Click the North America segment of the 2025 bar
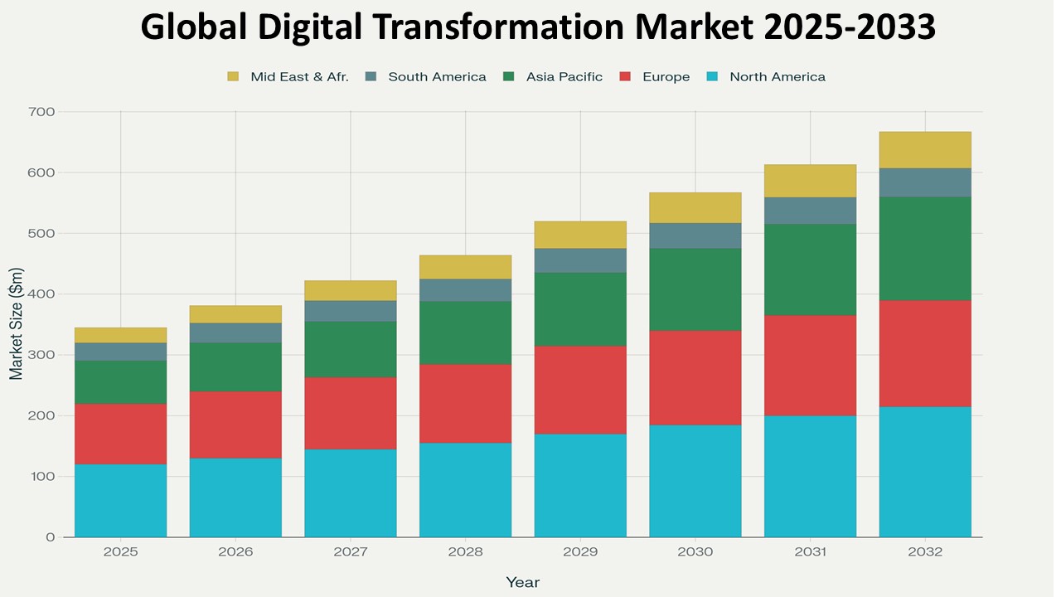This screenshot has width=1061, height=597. [x=120, y=500]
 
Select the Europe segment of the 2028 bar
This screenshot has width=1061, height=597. [x=465, y=404]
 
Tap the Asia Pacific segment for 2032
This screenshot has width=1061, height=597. [x=925, y=249]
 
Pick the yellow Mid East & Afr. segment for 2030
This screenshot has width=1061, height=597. [x=695, y=207]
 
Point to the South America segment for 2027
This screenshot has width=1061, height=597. [x=350, y=311]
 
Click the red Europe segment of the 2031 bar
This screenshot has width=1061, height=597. [x=810, y=366]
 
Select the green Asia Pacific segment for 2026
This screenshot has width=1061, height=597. [x=235, y=367]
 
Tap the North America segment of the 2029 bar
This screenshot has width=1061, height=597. [x=580, y=485]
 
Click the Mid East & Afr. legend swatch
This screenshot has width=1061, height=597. [x=233, y=77]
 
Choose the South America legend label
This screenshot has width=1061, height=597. [x=437, y=77]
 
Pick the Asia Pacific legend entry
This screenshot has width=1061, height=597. [x=564, y=77]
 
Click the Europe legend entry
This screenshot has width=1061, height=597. [x=666, y=77]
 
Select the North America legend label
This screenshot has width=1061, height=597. [x=777, y=77]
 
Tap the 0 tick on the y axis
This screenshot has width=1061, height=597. [x=51, y=537]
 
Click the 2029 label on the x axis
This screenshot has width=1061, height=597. [x=580, y=552]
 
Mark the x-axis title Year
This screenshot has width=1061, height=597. [x=522, y=582]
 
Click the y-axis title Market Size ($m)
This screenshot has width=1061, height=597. [x=17, y=323]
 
